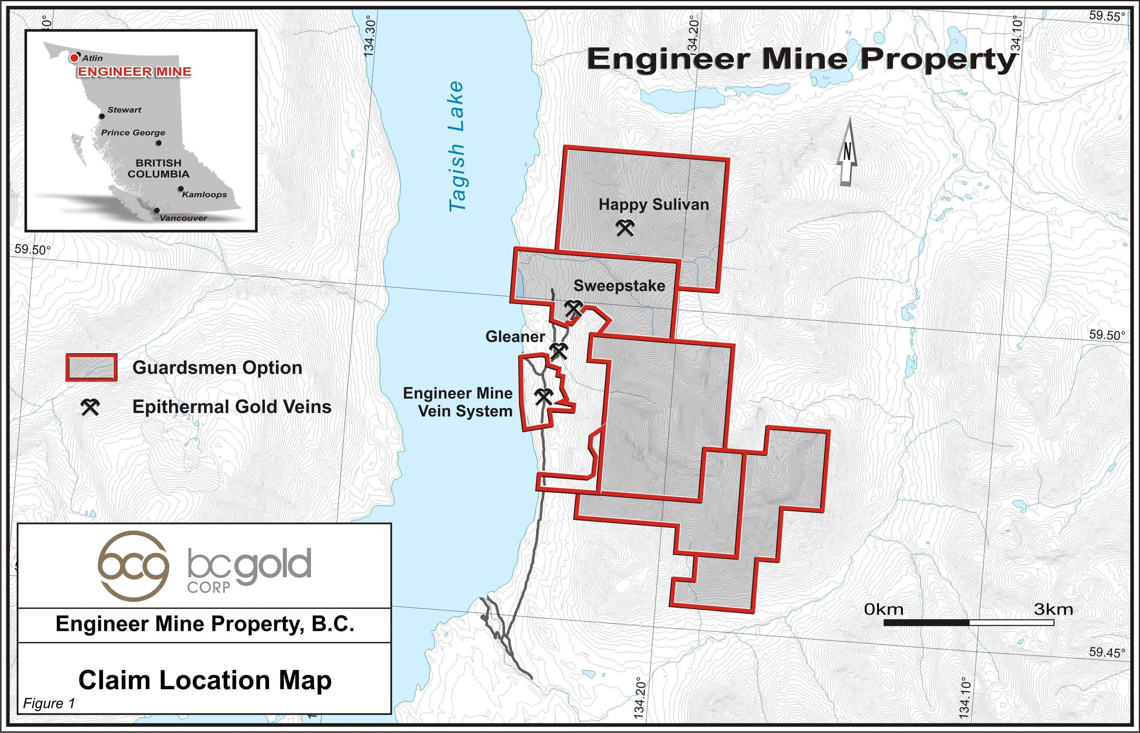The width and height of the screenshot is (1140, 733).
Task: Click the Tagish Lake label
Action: (456, 146)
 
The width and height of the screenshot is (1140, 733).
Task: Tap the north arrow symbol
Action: (847, 152)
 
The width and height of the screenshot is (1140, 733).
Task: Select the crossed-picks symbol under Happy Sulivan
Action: (626, 228)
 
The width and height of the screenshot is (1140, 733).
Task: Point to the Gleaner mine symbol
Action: (558, 351)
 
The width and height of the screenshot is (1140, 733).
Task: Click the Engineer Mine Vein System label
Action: (457, 402)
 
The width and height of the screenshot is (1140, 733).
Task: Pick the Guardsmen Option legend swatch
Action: (91, 367)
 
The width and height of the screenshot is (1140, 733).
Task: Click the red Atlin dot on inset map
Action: (74, 58)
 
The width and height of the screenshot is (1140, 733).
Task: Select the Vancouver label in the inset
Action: (183, 218)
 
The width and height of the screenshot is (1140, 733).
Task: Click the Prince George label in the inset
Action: (133, 132)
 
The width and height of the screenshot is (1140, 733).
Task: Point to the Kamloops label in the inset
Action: (204, 194)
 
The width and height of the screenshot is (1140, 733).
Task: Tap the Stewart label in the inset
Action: (124, 110)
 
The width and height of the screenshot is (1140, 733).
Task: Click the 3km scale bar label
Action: (1053, 610)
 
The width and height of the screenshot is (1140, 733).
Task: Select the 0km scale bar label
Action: (883, 610)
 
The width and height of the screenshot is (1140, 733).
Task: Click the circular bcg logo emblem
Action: (133, 565)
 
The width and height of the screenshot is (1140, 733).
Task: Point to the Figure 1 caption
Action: (49, 703)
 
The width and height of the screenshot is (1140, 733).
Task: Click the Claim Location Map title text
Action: (205, 680)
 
